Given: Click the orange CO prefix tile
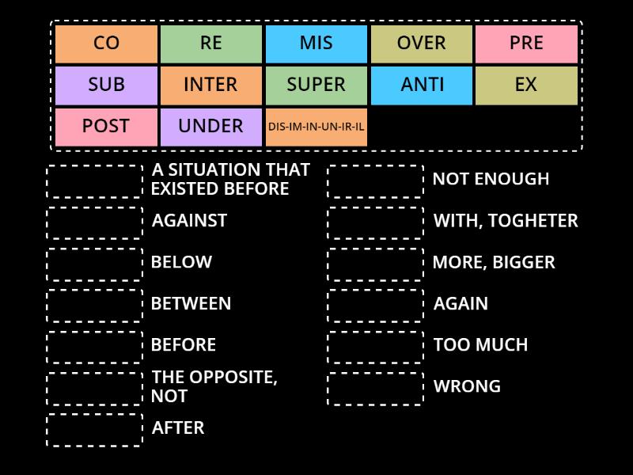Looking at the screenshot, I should tap(106, 44).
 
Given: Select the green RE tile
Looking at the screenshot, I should tap(211, 44).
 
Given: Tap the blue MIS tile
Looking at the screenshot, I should tap(316, 44).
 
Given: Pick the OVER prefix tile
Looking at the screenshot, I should tap(422, 44).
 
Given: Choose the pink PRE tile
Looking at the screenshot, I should tap(526, 44).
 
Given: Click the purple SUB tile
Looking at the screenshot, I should tap(106, 85).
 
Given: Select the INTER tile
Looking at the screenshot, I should tap(211, 85).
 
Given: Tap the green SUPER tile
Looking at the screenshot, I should tap(316, 85).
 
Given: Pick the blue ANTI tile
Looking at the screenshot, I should tap(422, 85).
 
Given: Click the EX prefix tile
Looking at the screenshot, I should tap(526, 85).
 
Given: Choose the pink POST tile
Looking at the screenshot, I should tap(106, 127).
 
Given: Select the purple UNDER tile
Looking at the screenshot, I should tap(211, 127).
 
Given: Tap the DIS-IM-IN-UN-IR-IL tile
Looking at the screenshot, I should tap(316, 127).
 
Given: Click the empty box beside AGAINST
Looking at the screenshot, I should tap(95, 222).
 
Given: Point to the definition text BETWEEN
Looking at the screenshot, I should tap(191, 304).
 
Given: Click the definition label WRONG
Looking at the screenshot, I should tap(467, 387).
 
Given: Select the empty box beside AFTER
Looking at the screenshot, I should tap(95, 430).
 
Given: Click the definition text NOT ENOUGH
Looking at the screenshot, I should tap(491, 180).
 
